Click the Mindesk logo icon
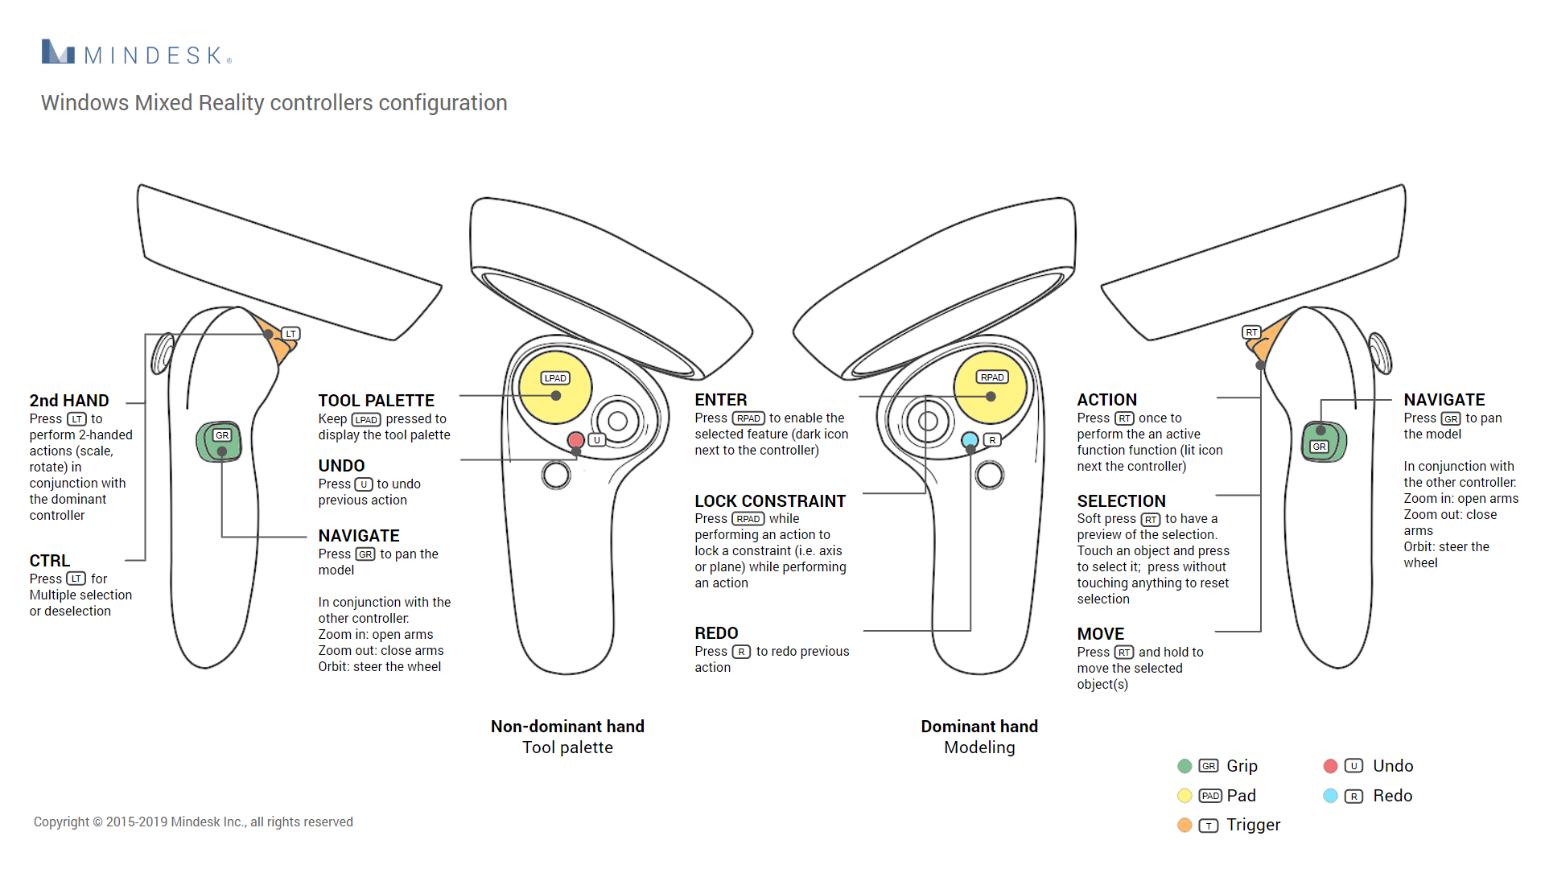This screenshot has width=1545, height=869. [x=58, y=52]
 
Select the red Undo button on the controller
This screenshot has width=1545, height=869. [x=575, y=440]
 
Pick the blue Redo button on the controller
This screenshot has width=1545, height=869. [x=970, y=440]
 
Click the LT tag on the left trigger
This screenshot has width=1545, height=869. [x=290, y=333]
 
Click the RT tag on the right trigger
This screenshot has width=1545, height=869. [x=1251, y=332]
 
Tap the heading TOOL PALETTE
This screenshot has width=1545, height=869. [x=376, y=401]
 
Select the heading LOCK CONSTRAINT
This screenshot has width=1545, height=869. [x=770, y=501]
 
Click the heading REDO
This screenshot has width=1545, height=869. [x=716, y=633]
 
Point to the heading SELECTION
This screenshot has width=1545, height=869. [x=1121, y=501]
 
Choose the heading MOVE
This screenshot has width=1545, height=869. [x=1100, y=634]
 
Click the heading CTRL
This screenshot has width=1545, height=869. [x=50, y=561]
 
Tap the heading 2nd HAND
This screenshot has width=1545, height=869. [x=69, y=401]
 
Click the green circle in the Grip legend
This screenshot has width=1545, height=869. [x=1184, y=766]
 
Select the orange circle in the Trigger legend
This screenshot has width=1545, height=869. [x=1184, y=825]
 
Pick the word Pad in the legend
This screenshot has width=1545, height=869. [x=1241, y=796]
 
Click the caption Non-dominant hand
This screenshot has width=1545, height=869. [x=567, y=727]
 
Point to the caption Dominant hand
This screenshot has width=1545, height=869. [x=979, y=727]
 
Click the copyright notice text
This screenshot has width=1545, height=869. [x=193, y=822]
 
